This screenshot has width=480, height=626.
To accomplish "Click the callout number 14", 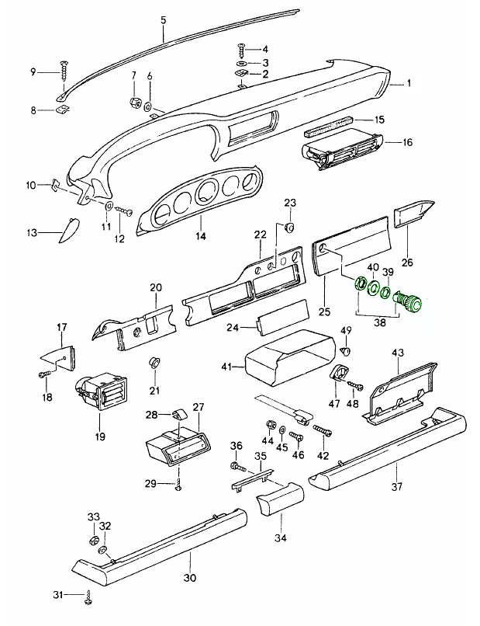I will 199,236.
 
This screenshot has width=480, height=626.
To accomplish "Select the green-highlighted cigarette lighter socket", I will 409,301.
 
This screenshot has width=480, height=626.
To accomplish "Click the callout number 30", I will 189,577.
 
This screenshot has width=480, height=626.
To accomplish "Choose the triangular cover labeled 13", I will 65,228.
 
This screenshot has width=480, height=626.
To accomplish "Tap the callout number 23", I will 290,203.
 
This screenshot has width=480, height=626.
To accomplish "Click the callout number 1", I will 411,82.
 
